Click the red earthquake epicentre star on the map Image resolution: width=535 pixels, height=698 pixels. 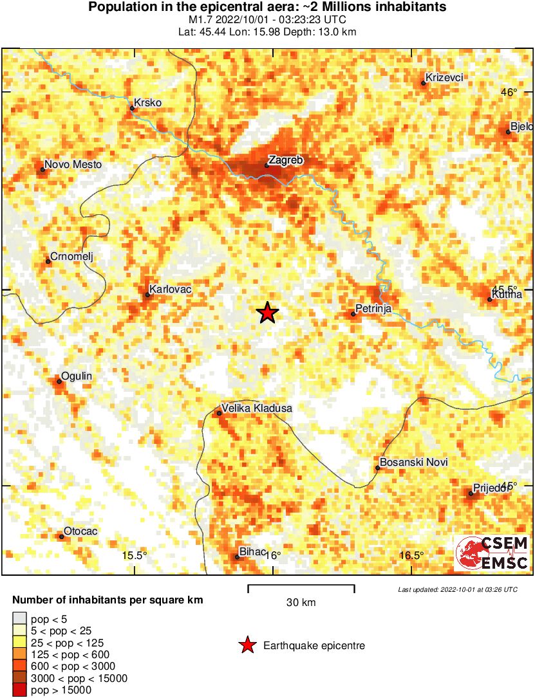[x=267, y=313]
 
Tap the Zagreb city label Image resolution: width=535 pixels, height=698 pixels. [x=285, y=160]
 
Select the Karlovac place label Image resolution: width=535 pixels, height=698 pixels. [x=170, y=289]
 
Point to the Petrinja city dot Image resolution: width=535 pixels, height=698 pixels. [x=353, y=314]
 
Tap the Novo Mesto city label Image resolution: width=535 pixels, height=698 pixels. [x=73, y=165]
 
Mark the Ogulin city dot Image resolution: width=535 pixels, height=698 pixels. [x=59, y=381]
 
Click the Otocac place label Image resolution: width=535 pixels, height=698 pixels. [x=81, y=531]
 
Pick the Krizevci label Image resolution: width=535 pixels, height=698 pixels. [x=445, y=78]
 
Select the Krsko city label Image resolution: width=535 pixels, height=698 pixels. [x=147, y=103]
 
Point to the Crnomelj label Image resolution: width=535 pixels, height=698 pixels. [x=72, y=257]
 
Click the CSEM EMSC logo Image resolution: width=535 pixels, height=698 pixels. [x=492, y=553]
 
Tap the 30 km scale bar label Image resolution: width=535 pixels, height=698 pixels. [x=301, y=603]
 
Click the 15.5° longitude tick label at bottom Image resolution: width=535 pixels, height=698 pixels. [x=135, y=556]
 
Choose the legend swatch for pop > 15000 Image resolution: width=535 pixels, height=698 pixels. [x=20, y=690]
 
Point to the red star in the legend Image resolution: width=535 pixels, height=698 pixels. [x=246, y=645]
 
